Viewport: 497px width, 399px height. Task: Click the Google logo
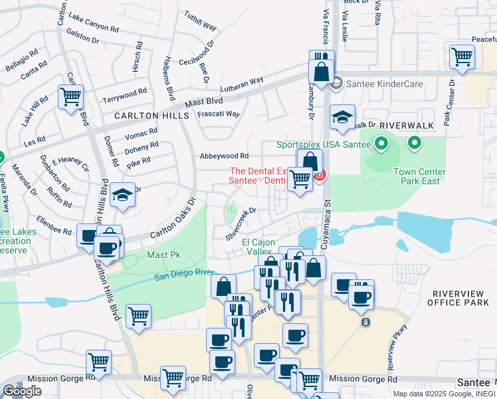coord(22,391)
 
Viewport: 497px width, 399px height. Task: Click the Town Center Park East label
coord(419,176)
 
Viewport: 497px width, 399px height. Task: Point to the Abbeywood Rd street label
coord(225,156)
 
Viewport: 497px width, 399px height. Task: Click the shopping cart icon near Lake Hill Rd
coord(70,97)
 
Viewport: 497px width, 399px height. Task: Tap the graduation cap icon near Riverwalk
coord(343,117)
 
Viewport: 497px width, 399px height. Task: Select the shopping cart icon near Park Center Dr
coord(462,57)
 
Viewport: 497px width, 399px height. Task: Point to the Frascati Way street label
coord(219,114)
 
